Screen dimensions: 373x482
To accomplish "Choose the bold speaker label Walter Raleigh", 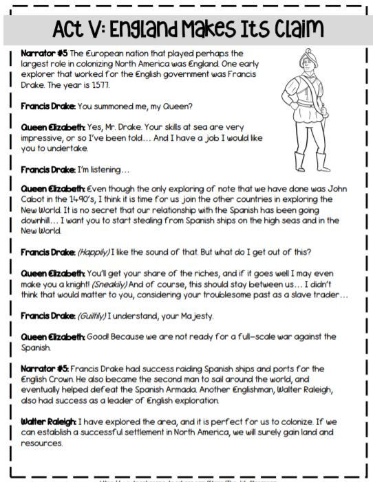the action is [47, 420].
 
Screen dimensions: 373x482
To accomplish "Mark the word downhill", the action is [39, 220].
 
